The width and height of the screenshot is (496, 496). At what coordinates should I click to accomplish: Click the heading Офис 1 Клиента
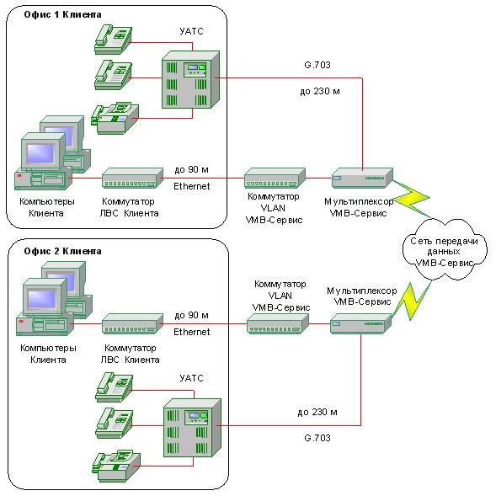point(62,14)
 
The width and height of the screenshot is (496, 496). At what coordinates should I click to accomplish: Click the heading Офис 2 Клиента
point(62,251)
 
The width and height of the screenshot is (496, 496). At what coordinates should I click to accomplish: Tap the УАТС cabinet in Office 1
point(191,80)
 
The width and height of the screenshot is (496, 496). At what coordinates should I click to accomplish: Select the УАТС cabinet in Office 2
point(192,428)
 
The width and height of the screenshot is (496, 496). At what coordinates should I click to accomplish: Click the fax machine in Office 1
point(115,118)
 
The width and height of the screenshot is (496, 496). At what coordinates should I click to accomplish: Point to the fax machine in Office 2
point(116,466)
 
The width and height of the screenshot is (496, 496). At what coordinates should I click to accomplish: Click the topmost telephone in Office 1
point(113,40)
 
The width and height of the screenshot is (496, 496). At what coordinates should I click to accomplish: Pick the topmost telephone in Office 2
point(115,387)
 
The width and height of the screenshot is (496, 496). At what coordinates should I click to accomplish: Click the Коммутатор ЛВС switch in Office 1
point(132,178)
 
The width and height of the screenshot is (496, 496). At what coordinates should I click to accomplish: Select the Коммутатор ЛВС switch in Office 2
point(132,323)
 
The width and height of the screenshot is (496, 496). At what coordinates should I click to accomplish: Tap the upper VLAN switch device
point(275,178)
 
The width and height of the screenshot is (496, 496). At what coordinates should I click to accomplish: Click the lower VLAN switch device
point(277,323)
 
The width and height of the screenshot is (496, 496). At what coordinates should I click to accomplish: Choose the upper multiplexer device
point(362,178)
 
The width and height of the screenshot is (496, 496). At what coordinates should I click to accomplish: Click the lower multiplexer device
point(361,323)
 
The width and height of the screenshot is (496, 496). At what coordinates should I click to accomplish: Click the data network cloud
point(445,250)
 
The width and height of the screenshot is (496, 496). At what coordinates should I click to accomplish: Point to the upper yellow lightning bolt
point(411,199)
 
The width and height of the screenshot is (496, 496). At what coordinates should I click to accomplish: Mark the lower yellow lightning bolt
point(411,301)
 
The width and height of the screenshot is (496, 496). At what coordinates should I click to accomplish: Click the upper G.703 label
point(317,65)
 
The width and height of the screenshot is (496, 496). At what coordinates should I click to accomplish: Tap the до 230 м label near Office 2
point(317,412)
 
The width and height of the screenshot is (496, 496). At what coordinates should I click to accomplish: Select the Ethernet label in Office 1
point(192,186)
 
